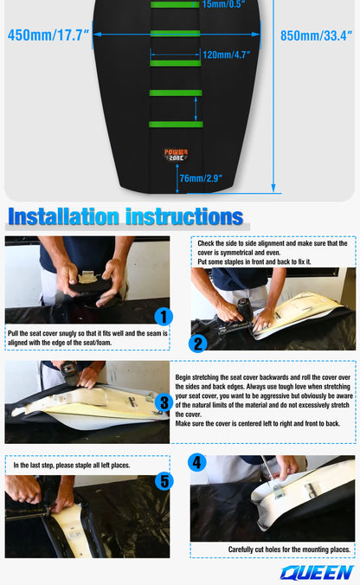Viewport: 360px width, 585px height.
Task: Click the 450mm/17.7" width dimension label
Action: [x=48, y=35]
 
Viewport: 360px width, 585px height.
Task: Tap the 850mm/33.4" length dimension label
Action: [x=316, y=35]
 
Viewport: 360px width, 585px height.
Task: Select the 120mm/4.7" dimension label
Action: [x=226, y=55]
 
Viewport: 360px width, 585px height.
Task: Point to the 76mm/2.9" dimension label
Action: [x=201, y=178]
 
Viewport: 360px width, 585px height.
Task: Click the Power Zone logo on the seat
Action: [x=176, y=155]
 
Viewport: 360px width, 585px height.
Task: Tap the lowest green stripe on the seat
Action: [x=176, y=125]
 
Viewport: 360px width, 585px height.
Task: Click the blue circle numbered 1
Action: [x=164, y=317]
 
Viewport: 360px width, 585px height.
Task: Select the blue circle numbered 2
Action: [x=197, y=344]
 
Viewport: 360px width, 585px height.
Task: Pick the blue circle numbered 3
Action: [x=164, y=403]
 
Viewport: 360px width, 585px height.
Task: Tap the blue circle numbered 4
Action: [x=197, y=463]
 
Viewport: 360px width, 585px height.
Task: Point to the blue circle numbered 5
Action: [x=164, y=481]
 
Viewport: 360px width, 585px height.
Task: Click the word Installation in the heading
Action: [x=64, y=216]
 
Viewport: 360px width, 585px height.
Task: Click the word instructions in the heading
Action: [x=184, y=216]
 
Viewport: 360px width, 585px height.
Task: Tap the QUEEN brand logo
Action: [x=317, y=573]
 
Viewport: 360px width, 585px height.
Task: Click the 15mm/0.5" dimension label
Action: [x=223, y=4]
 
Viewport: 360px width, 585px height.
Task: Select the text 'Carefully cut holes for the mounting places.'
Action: [x=289, y=550]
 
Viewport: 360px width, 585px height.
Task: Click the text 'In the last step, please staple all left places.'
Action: [x=72, y=466]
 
